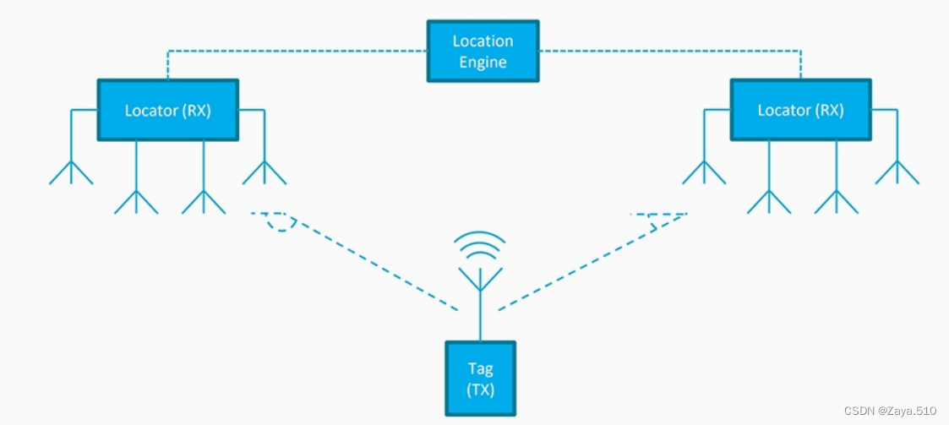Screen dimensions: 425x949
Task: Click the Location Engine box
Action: tap(483, 52)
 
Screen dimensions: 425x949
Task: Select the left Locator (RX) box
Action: tap(167, 110)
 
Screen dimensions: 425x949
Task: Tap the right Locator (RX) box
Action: tap(799, 110)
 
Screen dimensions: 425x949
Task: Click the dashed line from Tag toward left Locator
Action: tap(372, 262)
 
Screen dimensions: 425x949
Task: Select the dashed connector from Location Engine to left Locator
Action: tap(296, 51)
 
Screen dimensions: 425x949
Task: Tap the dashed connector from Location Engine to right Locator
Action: tap(668, 51)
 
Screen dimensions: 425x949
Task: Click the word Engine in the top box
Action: tap(483, 62)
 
